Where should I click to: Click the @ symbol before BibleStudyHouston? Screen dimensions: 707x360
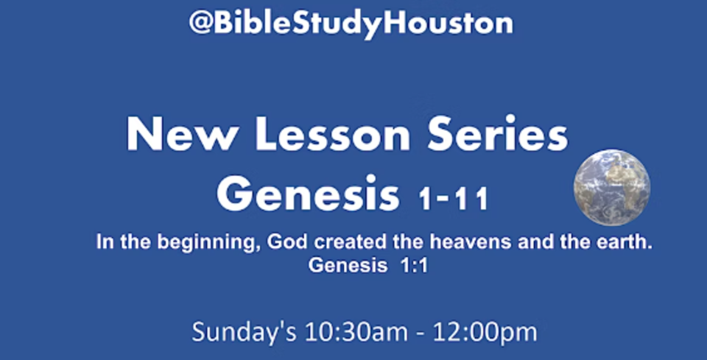200,24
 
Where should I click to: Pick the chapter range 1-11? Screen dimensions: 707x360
453,199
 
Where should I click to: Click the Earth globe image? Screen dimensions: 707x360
612,187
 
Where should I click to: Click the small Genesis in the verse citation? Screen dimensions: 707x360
348,266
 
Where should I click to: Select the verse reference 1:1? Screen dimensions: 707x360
414,266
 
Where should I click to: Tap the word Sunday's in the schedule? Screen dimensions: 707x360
244,333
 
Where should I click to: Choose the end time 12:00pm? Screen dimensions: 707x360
485,333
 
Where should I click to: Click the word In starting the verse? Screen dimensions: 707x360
102,242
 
